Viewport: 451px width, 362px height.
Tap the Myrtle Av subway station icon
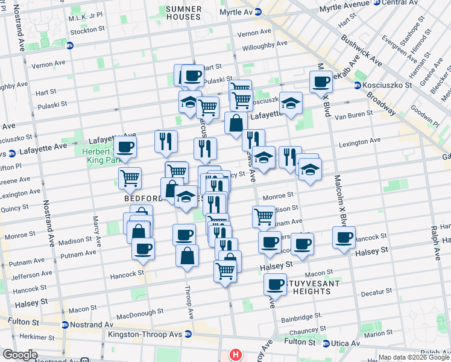click(257, 11)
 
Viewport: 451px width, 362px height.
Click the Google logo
click(19, 355)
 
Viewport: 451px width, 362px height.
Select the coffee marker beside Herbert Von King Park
click(125, 147)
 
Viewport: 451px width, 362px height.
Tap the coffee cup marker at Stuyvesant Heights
click(276, 283)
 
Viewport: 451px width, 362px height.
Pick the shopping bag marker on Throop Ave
click(188, 255)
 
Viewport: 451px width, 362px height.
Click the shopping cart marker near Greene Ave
click(130, 178)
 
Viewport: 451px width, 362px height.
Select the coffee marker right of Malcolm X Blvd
click(344, 237)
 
